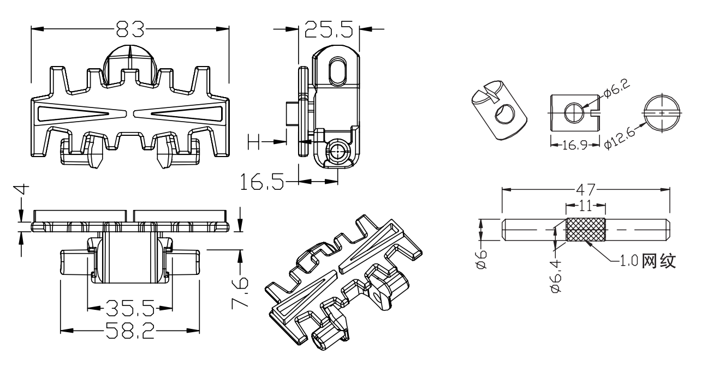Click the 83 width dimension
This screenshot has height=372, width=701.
[x=129, y=28]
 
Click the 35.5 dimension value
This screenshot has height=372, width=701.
[x=130, y=309]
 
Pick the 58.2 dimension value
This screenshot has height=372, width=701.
[x=130, y=331]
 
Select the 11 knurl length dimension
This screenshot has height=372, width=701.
[x=585, y=206]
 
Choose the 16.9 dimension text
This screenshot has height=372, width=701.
[x=573, y=145]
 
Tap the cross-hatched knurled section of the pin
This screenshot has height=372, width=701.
[x=586, y=230]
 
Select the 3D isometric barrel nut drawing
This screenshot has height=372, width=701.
[x=497, y=107]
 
